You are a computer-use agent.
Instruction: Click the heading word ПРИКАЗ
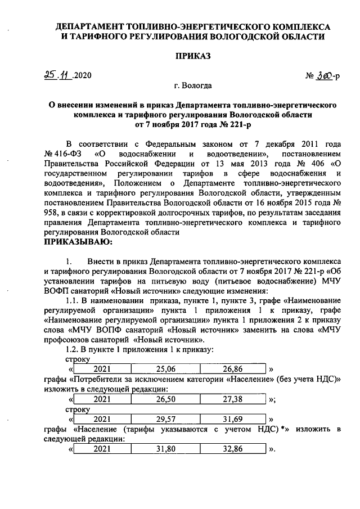(x=192, y=56)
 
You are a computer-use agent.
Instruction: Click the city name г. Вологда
(x=193, y=86)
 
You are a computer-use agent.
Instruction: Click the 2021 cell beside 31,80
(x=102, y=450)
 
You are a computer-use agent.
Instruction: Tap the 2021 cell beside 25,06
(x=102, y=369)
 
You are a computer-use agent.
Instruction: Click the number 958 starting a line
(x=52, y=212)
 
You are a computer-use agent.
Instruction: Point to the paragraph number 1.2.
(x=74, y=349)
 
